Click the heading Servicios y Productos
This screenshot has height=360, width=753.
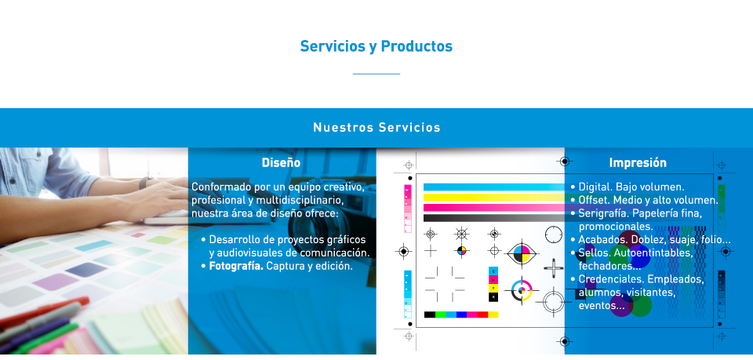coord(376,46)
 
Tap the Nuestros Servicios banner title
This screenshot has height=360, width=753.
coord(376,128)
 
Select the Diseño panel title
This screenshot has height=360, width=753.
coord(281,162)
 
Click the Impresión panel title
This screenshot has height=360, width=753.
coord(638,162)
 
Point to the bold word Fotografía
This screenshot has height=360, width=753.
coord(236,266)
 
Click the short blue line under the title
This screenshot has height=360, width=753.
coord(376,74)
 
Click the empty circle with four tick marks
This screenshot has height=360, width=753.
coord(553,235)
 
